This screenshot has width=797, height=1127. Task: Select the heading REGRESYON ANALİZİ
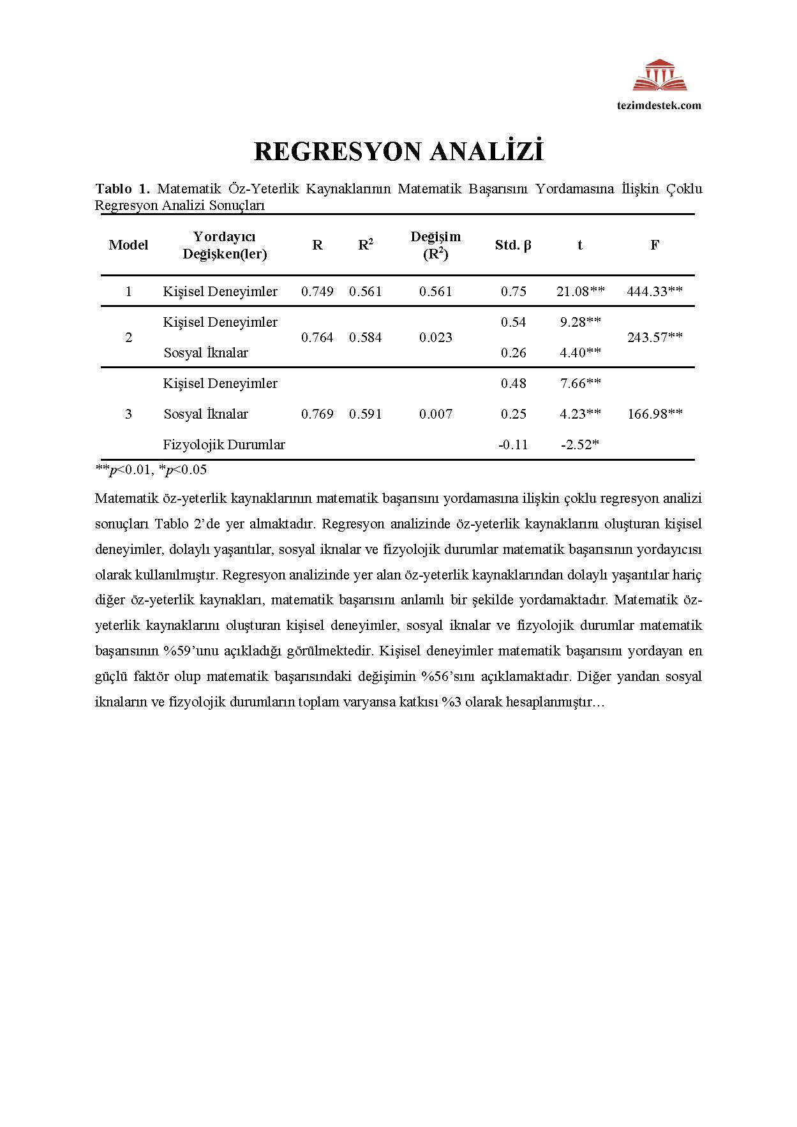click(398, 152)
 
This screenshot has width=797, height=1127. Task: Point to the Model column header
click(128, 245)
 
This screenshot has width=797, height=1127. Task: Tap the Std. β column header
click(513, 245)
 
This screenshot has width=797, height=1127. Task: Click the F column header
click(655, 245)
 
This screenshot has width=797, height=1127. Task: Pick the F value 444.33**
click(655, 292)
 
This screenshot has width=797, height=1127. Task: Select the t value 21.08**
click(580, 292)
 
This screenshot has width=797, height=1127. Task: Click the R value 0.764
click(317, 338)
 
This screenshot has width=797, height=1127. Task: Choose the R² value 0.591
click(366, 414)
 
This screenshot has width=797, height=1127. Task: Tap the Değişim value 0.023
click(436, 338)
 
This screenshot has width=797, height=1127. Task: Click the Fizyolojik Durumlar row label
click(224, 445)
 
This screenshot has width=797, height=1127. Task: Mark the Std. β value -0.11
click(513, 445)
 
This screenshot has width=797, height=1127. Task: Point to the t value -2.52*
click(580, 445)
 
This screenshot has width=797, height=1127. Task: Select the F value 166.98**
click(655, 414)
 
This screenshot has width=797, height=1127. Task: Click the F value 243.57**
click(655, 338)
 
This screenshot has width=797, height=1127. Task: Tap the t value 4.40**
click(580, 353)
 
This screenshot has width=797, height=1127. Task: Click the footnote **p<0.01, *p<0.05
click(151, 470)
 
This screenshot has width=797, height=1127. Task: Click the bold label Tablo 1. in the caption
click(123, 189)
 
